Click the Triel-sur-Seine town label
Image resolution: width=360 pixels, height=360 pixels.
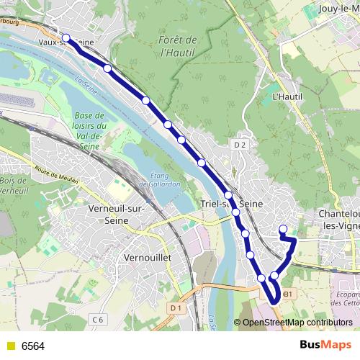233,204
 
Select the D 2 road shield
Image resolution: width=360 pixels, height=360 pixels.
240,145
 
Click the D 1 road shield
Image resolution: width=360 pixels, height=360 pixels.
176,307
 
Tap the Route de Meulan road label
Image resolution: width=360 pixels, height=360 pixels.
54,176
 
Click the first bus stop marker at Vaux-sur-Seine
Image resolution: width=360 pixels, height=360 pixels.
66,37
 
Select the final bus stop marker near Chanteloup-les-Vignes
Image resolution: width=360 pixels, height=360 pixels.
283,230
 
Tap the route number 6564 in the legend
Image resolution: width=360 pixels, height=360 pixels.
33,346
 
